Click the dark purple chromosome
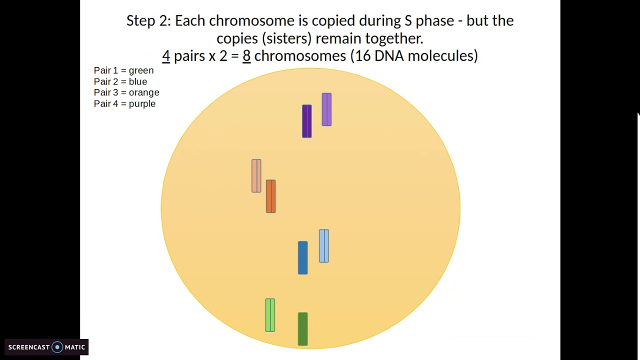[307, 121]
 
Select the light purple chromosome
[326, 109]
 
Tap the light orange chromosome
[256, 176]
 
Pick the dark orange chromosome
[270, 196]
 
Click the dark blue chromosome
[302, 258]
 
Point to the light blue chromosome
[324, 246]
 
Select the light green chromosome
[270, 315]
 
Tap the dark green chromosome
[302, 329]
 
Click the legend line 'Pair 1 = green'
[123, 70]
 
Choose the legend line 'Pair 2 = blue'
[120, 81]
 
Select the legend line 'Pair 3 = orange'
[126, 92]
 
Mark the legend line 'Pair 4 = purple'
[124, 103]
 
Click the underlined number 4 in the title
[166, 56]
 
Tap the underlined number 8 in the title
[246, 56]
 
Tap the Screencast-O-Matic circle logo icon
[57, 347]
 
